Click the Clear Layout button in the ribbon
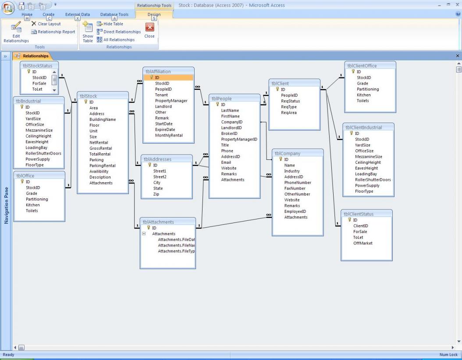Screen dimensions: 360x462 pyautogui.click(x=46, y=24)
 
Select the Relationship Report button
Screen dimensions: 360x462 pyautogui.click(x=53, y=32)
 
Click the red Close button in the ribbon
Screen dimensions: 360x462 pyautogui.click(x=149, y=29)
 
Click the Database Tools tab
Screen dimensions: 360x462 pyautogui.click(x=114, y=14)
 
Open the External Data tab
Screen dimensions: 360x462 pyautogui.click(x=78, y=14)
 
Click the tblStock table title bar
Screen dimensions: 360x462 pyautogui.click(x=103, y=96)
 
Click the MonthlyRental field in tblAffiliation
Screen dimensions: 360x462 pyautogui.click(x=168, y=135)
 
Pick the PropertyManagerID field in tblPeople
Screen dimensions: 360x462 pyautogui.click(x=239, y=139)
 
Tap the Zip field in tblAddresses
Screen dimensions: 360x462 pyautogui.click(x=156, y=194)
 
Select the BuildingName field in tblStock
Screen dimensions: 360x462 pyautogui.click(x=103, y=120)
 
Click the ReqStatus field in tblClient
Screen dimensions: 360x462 pyautogui.click(x=290, y=101)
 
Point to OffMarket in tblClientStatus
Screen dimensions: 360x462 pyautogui.click(x=363, y=243)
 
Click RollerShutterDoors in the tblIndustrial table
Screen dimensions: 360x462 pyautogui.click(x=43, y=153)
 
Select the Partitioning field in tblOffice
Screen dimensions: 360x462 pyautogui.click(x=37, y=199)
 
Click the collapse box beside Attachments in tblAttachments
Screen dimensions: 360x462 pyautogui.click(x=143, y=234)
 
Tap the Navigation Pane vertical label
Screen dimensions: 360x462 pyautogui.click(x=6, y=206)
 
